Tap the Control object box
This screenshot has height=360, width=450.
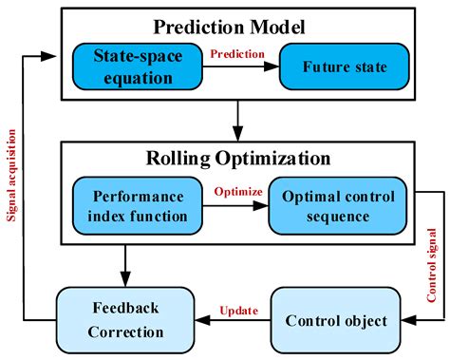[336, 320]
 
